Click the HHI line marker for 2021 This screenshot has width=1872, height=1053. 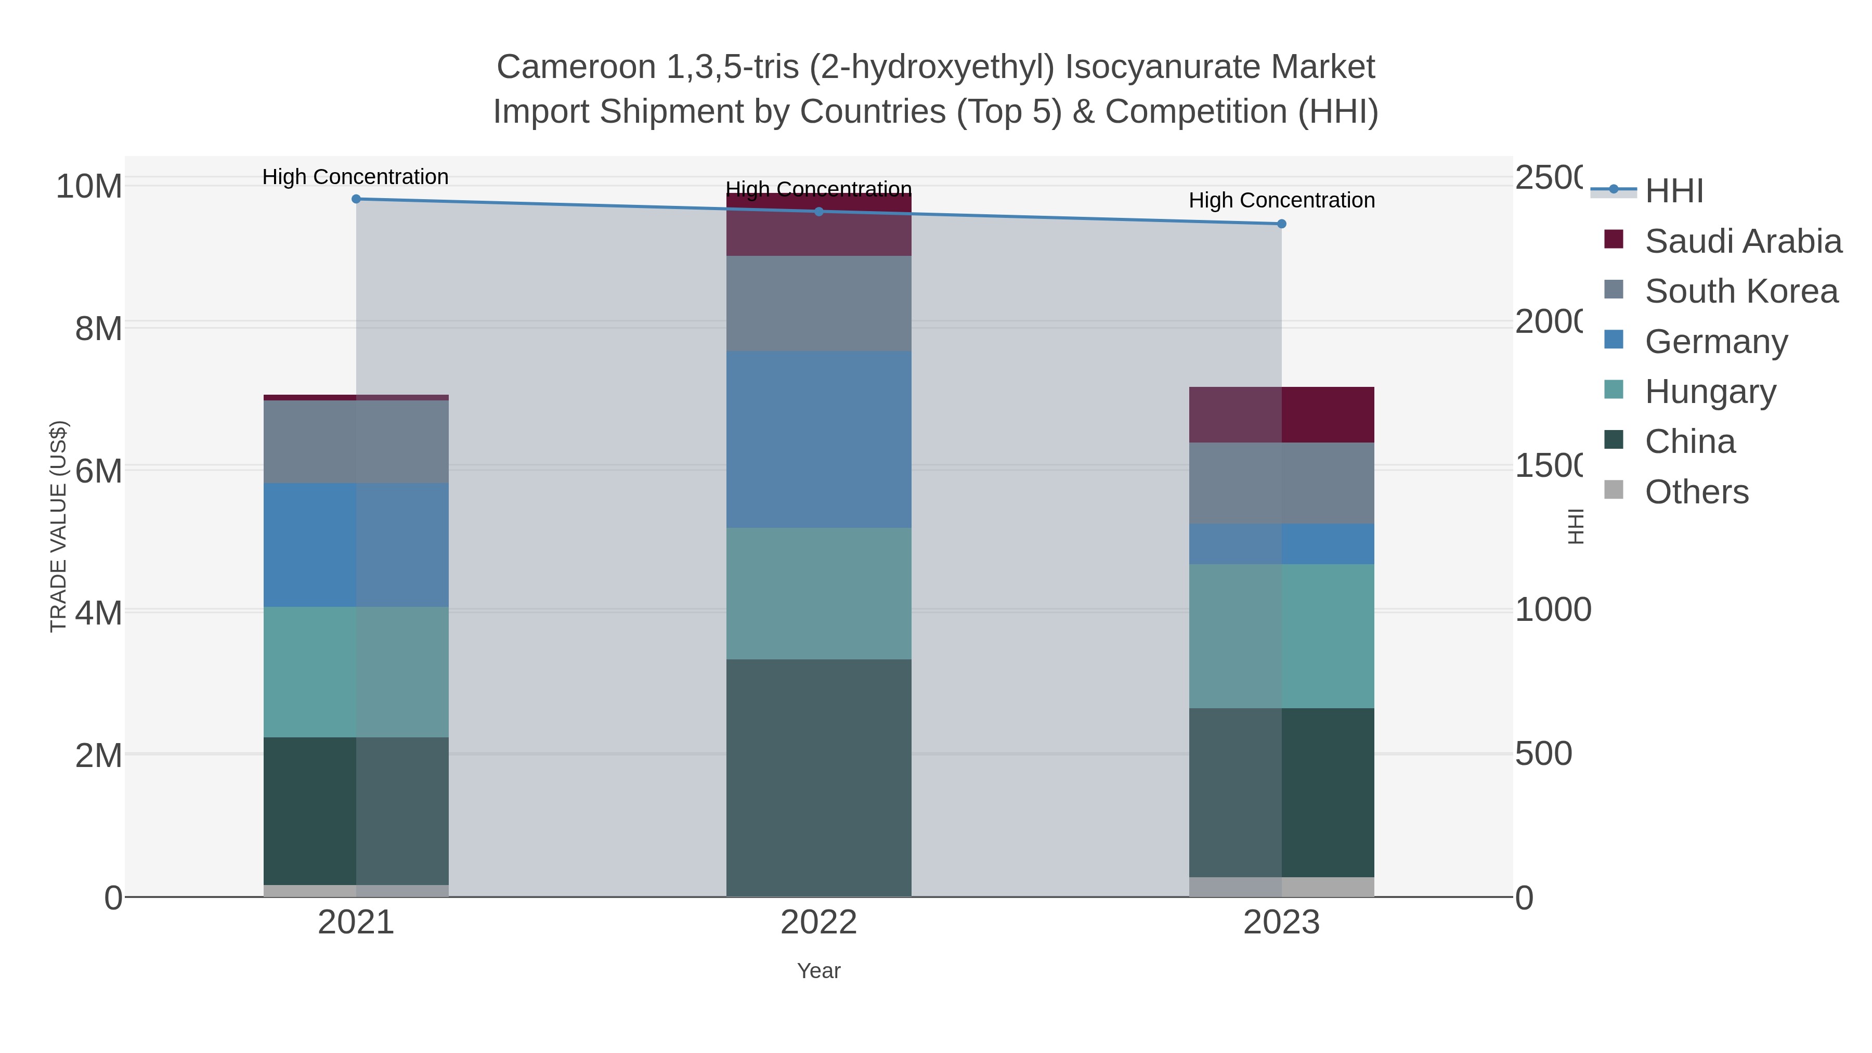[x=356, y=199]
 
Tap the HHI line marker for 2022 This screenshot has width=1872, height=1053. [x=819, y=212]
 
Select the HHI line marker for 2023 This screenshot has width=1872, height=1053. [x=1282, y=224]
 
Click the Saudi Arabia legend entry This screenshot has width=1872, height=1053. [x=1743, y=241]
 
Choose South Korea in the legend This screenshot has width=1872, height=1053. [x=1741, y=291]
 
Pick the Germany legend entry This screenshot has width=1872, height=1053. [x=1716, y=342]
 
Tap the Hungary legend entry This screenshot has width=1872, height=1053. [x=1710, y=392]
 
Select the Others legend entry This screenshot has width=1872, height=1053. [x=1696, y=492]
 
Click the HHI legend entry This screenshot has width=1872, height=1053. [x=1673, y=190]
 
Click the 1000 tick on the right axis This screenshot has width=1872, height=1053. [x=1552, y=610]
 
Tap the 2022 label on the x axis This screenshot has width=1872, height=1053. [x=819, y=923]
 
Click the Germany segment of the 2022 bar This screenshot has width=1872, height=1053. [x=819, y=439]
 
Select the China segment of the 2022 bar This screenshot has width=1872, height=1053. [x=819, y=777]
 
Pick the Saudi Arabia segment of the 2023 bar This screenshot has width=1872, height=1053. [x=1282, y=415]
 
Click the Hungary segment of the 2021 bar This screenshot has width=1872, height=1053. [x=356, y=672]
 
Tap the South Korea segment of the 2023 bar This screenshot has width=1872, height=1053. [x=1282, y=483]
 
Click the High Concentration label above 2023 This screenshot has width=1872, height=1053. [x=1282, y=201]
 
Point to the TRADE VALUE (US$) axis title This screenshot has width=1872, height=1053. [x=58, y=526]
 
